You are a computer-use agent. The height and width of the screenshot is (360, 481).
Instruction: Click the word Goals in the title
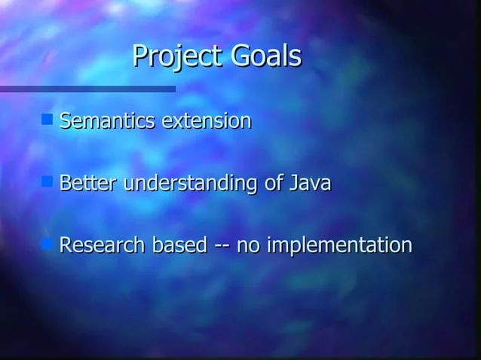pos(265,56)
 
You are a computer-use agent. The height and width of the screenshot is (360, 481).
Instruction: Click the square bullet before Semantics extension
pos(47,119)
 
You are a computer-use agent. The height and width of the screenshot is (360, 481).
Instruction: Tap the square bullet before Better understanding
pos(47,182)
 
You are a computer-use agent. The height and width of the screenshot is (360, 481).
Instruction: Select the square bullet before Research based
pos(47,244)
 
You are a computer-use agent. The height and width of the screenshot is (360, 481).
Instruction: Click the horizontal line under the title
pos(87,89)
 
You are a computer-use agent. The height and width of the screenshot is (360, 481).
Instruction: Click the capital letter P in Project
pos(140,56)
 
